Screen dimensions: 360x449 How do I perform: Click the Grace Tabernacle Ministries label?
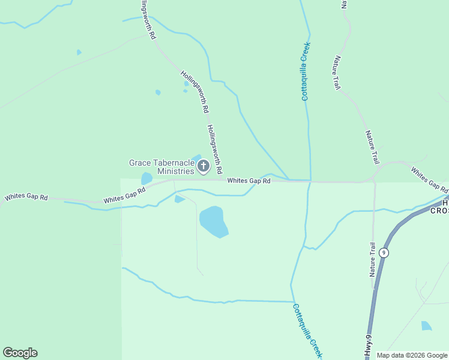162,167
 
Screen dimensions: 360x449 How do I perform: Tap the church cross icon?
203,166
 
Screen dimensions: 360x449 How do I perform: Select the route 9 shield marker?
384,253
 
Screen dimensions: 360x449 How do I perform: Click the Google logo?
20,353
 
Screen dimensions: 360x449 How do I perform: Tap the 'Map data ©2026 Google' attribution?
412,355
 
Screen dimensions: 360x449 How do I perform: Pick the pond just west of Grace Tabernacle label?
146,178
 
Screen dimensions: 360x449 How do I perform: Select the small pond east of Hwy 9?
426,326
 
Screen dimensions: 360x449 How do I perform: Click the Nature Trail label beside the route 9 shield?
373,259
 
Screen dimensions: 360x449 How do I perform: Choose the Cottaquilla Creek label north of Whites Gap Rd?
306,71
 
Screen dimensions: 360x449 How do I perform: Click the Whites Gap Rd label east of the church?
249,180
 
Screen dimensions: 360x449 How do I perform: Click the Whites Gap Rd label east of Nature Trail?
429,178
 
